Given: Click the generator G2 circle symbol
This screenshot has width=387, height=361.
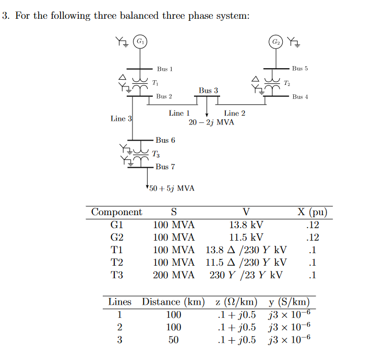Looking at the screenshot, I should click(x=275, y=41).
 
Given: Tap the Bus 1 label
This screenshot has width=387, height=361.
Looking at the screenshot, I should click(x=164, y=69).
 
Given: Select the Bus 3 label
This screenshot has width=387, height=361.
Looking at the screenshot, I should click(x=208, y=91).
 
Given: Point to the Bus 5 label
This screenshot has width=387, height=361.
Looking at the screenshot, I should click(x=300, y=68).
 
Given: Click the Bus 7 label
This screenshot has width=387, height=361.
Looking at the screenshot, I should click(x=165, y=167).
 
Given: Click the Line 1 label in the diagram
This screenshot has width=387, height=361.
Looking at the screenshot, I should click(x=179, y=113).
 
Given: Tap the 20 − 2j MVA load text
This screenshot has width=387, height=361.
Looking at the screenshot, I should click(x=211, y=122).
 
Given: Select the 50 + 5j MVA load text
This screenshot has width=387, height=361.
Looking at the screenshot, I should click(x=172, y=188).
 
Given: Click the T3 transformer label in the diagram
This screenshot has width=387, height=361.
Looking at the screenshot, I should click(x=156, y=154).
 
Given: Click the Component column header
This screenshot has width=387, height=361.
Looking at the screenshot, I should click(x=116, y=212).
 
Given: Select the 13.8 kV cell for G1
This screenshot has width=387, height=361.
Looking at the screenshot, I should click(x=246, y=225).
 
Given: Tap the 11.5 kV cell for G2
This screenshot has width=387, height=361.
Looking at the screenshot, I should click(x=246, y=238).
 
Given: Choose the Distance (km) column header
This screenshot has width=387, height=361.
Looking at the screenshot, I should click(x=173, y=302).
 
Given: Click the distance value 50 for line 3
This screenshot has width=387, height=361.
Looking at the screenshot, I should click(x=173, y=340).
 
